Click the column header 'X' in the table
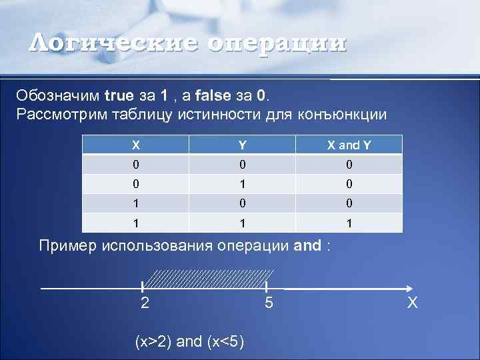coord(136,145)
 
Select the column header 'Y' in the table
coord(243,145)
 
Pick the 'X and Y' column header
coord(349,145)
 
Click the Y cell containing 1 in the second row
coord(243,184)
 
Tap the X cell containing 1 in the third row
coord(136,203)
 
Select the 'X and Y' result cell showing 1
coord(349,223)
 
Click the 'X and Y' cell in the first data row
coord(349,165)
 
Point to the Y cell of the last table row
coord(243,223)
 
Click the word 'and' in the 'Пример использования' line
coord(307,245)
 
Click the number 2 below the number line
coord(145,303)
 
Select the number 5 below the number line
coord(268,303)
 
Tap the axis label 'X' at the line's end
coord(413,303)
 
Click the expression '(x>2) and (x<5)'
coord(189,342)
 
